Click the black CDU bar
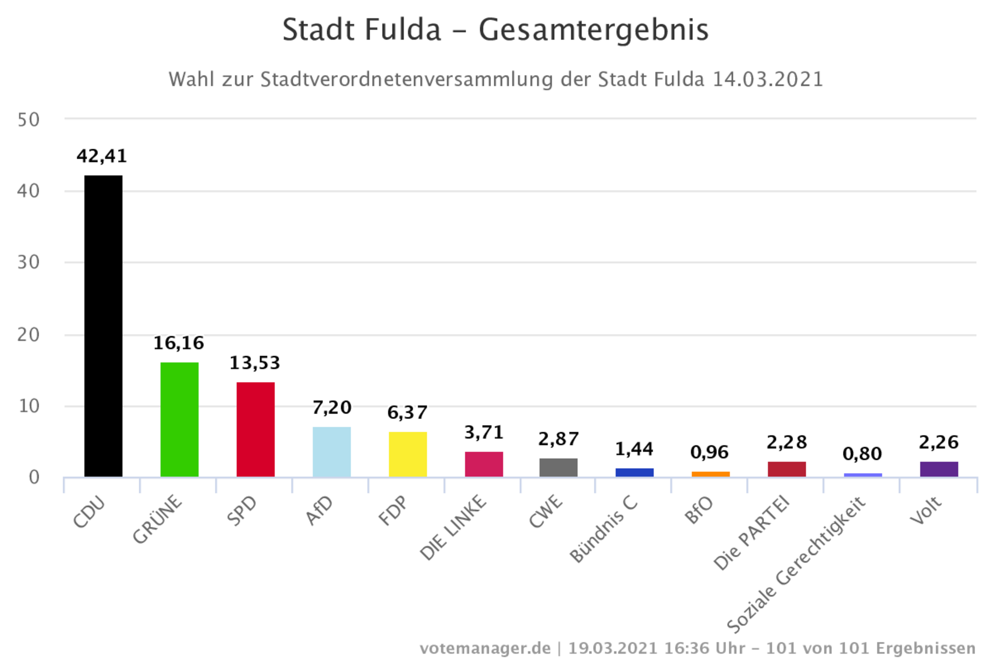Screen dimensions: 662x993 coord(103,326)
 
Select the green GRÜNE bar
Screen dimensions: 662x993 coord(179,420)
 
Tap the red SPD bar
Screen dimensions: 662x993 coord(255,429)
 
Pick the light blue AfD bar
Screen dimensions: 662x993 coord(331,452)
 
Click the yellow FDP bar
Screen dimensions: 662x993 coord(408,454)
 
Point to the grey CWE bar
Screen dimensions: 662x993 coord(558,467)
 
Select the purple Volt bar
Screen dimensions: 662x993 coord(939,469)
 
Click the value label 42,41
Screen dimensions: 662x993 coord(102,156)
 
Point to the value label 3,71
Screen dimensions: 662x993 coord(484,432)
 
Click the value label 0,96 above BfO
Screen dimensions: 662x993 coord(709,452)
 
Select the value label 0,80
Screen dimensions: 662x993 coord(862,454)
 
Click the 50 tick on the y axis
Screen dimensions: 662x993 coord(28,120)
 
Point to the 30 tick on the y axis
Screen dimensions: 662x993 coord(28,263)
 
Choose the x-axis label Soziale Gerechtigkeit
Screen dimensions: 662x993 coord(796,566)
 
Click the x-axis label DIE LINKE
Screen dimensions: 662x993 coord(453,528)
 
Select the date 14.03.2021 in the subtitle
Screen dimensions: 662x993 coord(768,79)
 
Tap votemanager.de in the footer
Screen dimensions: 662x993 coord(485,648)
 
